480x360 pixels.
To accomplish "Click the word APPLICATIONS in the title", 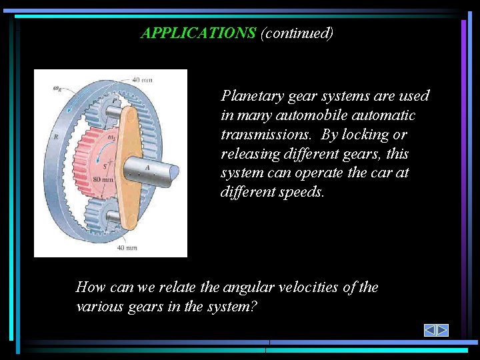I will (x=199, y=33).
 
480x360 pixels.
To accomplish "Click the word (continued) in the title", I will (x=297, y=33).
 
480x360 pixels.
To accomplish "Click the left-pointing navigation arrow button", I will (x=430, y=330).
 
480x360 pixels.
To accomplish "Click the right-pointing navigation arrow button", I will (x=442, y=330).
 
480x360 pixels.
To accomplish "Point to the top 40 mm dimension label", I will (x=142, y=80).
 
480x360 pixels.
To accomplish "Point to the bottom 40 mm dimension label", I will (x=127, y=247).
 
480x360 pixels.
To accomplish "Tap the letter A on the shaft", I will (x=147, y=167).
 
